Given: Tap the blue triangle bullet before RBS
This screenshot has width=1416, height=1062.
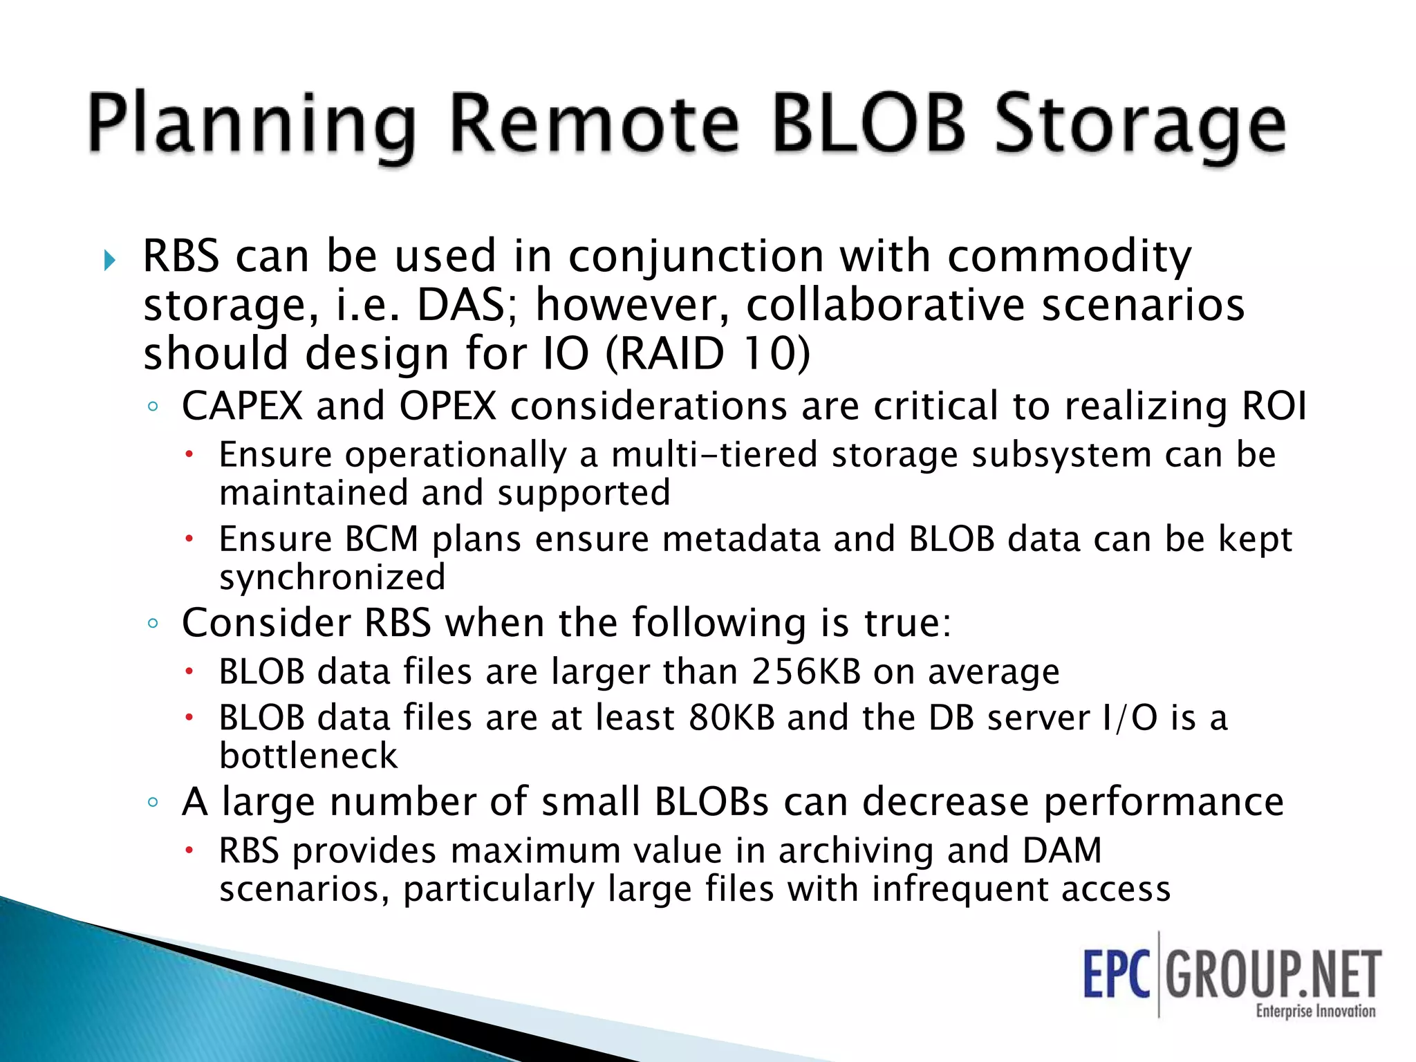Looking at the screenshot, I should coord(109,261).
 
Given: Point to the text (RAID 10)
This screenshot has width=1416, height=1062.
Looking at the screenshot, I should coord(707,353).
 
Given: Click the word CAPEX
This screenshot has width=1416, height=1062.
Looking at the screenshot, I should coord(242,406).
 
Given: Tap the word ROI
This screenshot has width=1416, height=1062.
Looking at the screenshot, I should coord(1274,406).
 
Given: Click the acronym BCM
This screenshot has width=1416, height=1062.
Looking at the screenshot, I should coord(382,539).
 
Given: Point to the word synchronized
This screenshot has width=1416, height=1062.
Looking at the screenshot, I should coord(333,577).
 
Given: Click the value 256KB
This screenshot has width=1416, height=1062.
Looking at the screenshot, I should coord(806,671).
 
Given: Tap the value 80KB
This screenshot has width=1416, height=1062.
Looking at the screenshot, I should coord(732,717).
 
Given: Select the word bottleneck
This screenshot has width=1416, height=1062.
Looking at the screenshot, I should coord(308,756).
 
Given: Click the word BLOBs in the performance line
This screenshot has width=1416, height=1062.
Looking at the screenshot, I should coord(711,802).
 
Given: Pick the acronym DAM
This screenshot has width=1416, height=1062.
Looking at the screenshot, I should coord(1061,850).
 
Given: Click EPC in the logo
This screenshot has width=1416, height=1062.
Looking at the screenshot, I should coord(1116,974).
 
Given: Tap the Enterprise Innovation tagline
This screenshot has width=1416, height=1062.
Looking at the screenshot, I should coord(1315,1012).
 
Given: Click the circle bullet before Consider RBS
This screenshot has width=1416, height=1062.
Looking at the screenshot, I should coord(153,624).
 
